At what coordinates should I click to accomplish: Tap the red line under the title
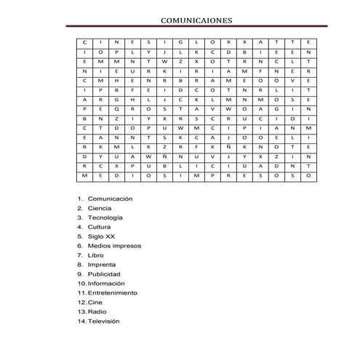point(196,27)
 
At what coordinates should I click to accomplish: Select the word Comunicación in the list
point(110,199)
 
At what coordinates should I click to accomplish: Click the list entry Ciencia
point(100,208)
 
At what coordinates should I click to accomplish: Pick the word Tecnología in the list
point(105,217)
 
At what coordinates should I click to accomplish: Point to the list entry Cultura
point(100,227)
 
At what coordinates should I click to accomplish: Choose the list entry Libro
point(96,255)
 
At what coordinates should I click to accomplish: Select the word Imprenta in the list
point(102,265)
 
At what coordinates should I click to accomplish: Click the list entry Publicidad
point(104,274)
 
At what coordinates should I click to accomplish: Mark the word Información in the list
point(106,284)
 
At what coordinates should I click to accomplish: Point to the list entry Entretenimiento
point(112,293)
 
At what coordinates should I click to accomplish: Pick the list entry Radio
point(97,311)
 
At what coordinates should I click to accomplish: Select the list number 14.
point(81,321)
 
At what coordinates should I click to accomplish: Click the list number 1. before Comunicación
point(80,199)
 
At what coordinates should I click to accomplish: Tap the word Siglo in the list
point(95,236)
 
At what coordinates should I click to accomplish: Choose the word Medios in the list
point(99,246)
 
